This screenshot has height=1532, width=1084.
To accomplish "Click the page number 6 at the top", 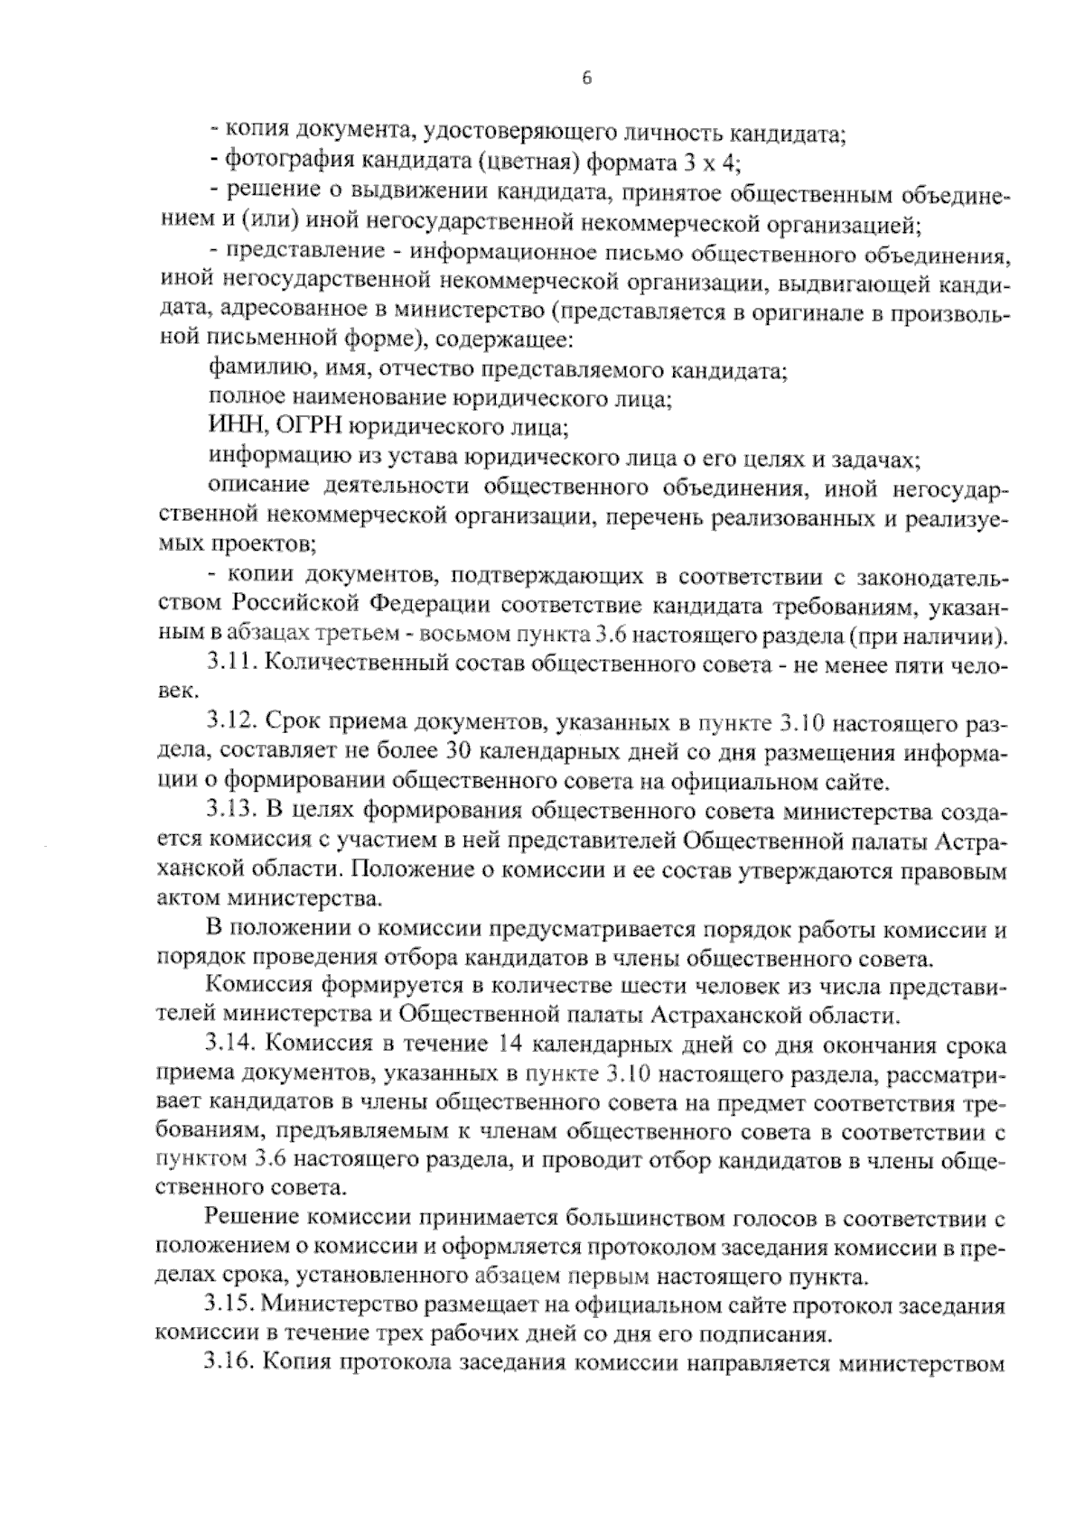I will [585, 79].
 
